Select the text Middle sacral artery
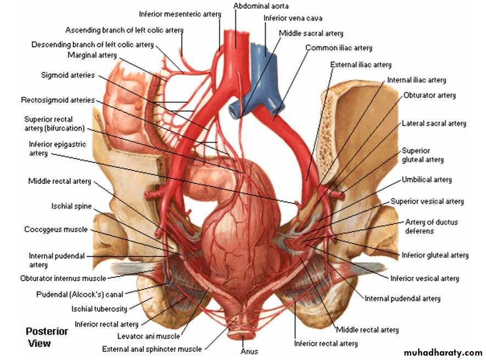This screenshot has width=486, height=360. pos(311,33)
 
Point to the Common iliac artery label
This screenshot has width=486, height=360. pos(338,48)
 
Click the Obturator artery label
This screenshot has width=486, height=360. pos(429,95)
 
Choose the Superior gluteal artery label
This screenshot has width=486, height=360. pos(422,155)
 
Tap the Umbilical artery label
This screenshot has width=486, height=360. pos(427,179)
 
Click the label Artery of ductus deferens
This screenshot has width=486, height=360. pos(431,227)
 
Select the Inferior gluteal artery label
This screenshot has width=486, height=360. pos(435,255)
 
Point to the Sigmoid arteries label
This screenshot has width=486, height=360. pos(68,75)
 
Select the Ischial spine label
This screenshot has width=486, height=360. pos(71,206)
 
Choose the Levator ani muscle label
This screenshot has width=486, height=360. pos(148,336)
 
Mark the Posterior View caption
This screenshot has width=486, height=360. pos(47,337)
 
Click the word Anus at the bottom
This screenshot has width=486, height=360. pos(249,351)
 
